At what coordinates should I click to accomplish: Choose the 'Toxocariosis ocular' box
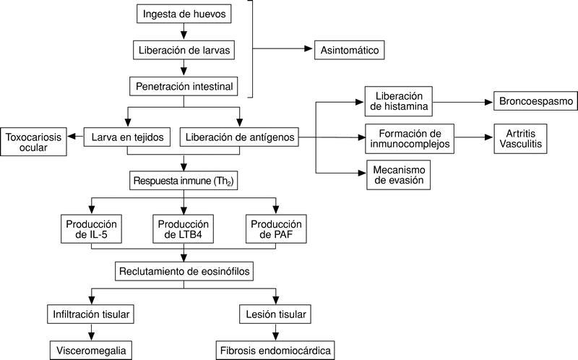coord(34,142)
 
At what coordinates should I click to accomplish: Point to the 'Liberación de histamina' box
coord(398,101)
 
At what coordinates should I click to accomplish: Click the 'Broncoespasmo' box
coord(533,101)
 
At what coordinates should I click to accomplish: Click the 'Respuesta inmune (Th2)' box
coord(184,180)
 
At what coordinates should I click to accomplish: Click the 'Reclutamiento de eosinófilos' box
coord(184,272)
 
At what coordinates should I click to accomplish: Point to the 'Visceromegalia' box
coord(91,351)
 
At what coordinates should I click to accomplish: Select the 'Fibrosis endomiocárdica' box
coord(276,351)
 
